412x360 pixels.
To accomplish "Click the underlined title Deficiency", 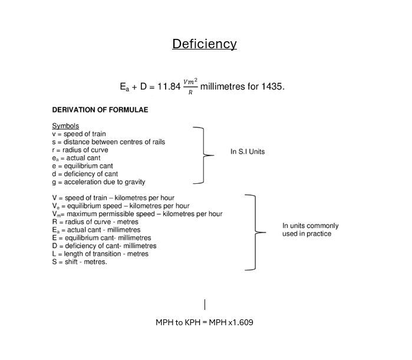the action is (205, 44).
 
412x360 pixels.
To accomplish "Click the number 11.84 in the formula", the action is (169, 87).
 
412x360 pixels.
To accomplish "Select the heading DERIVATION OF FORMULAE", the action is (100, 110).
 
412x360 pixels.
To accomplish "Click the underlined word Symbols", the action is (65, 125).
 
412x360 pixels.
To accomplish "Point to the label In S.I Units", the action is (248, 152).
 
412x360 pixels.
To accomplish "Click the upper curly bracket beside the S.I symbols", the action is (203, 155).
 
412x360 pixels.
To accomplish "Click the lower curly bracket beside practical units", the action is (255, 232).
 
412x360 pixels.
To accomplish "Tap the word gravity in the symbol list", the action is (135, 182).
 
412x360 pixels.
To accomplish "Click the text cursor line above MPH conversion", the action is (205, 305).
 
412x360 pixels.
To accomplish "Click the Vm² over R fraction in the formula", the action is (190, 86).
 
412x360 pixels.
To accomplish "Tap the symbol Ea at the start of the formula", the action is (124, 87).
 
